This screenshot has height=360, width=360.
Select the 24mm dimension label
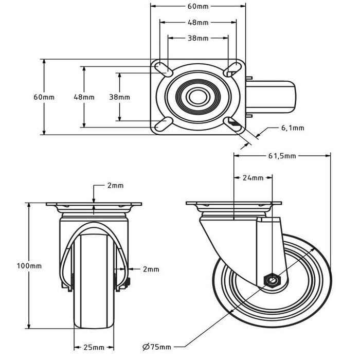pyautogui.click(x=253, y=178)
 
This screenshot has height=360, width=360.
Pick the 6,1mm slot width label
pyautogui.click(x=293, y=128)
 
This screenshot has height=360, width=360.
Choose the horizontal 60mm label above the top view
pyautogui.click(x=198, y=7)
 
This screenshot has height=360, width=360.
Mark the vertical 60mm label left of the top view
pyautogui.click(x=44, y=97)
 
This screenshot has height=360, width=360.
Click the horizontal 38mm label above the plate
pyautogui.click(x=198, y=38)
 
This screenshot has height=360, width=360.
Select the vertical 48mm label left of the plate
pyautogui.click(x=84, y=97)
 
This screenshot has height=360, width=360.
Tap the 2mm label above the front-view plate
pyautogui.click(x=115, y=186)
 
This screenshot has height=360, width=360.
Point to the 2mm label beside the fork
pyautogui.click(x=151, y=269)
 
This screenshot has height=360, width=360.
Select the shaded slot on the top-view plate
pyautogui.click(x=235, y=123)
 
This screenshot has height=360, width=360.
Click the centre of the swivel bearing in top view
pyautogui.click(x=198, y=97)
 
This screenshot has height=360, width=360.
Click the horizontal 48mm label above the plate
pyautogui.click(x=198, y=23)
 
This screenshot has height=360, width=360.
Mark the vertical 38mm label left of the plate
pyautogui.click(x=119, y=97)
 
